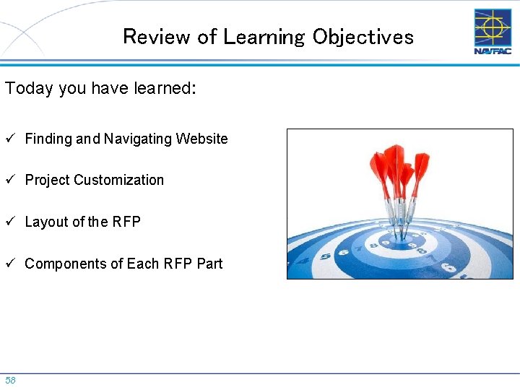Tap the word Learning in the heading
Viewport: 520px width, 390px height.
pyautogui.click(x=264, y=37)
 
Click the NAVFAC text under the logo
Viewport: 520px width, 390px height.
pyautogui.click(x=492, y=51)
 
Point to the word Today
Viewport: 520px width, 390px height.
pyautogui.click(x=30, y=88)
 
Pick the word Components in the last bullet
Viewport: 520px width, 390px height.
pyautogui.click(x=65, y=264)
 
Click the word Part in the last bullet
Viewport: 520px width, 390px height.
pyautogui.click(x=209, y=264)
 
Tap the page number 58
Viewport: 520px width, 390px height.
pyautogui.click(x=10, y=380)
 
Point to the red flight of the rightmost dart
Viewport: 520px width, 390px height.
pyautogui.click(x=420, y=165)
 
